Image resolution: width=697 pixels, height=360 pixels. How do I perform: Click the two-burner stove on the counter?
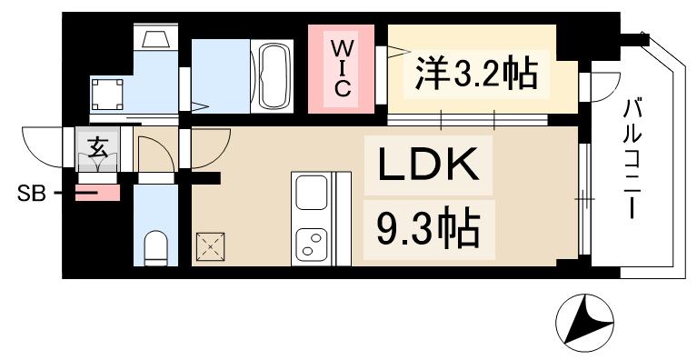pyautogui.click(x=313, y=241)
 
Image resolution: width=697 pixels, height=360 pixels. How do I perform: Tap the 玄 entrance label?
pyautogui.click(x=97, y=145)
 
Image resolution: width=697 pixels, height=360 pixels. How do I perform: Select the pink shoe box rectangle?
pyautogui.click(x=98, y=193)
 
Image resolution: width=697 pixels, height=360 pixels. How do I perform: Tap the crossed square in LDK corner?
pyautogui.click(x=210, y=244)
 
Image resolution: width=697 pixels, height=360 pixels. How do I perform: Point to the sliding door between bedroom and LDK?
pyautogui.click(x=468, y=119)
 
